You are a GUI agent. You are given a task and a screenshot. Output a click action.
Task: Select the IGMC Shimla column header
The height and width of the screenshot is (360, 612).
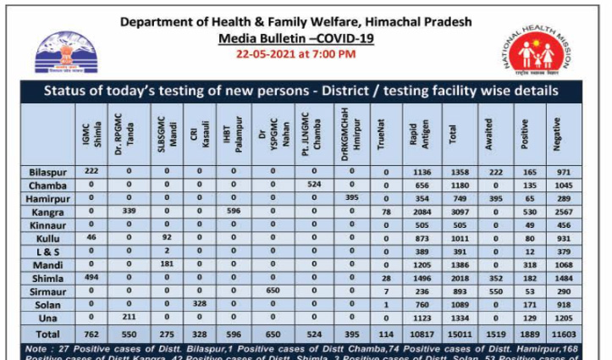(91, 136)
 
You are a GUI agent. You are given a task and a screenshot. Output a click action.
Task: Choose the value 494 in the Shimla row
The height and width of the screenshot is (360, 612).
(91, 276)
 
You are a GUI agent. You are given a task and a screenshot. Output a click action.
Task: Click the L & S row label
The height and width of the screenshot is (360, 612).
(42, 250)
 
